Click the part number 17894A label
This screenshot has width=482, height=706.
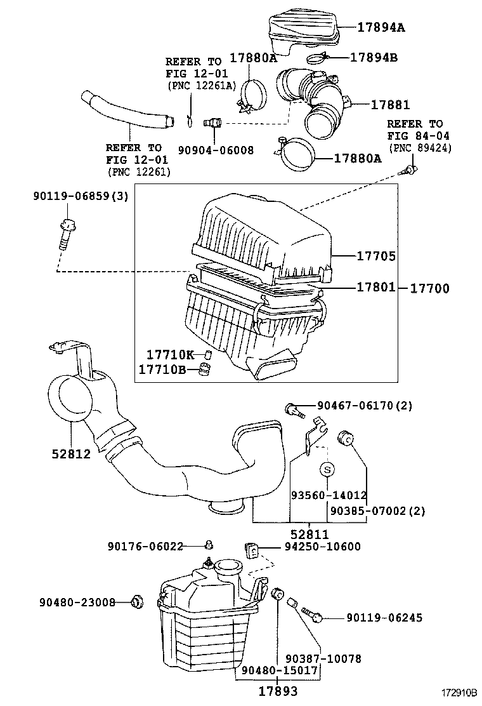click(380, 27)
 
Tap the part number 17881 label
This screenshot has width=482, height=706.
click(390, 105)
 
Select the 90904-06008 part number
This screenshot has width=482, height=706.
click(216, 150)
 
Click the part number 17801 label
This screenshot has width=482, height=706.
click(375, 288)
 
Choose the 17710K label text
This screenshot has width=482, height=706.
click(170, 354)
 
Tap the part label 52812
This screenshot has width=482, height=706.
click(71, 454)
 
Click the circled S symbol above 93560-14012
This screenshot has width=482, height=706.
click(327, 470)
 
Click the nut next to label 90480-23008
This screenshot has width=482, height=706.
click(136, 601)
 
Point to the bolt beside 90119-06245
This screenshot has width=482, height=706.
click(313, 615)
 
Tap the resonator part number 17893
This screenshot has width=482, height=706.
click(277, 691)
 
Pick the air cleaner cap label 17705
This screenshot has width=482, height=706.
click(375, 256)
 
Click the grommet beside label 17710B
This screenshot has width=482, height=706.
click(204, 369)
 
